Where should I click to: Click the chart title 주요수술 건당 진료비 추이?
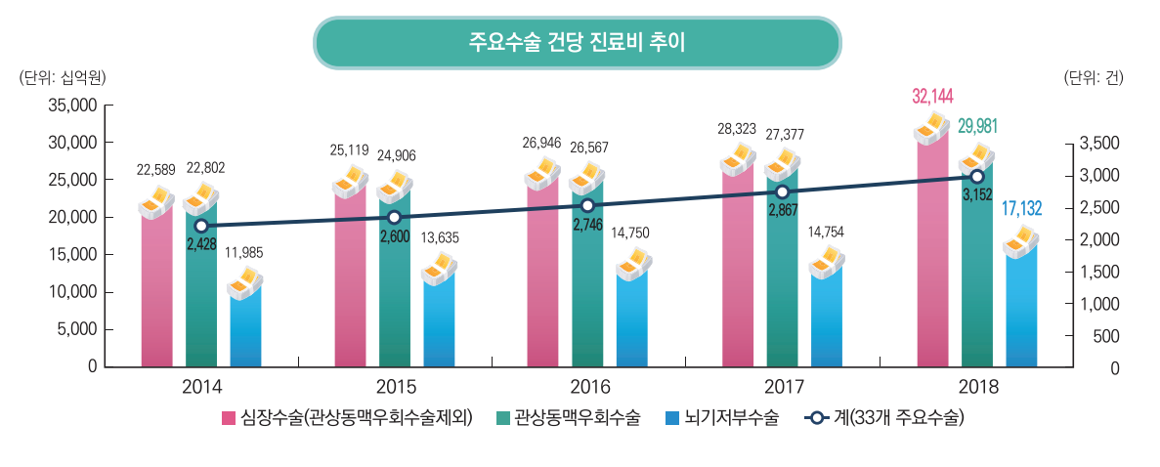577,43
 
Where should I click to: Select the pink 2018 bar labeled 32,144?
932,254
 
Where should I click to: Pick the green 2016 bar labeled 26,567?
587,283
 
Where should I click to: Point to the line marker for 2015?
394,217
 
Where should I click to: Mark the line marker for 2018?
976,176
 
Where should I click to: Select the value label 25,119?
349,150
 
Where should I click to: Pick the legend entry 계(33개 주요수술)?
884,418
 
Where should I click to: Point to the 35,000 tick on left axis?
71,106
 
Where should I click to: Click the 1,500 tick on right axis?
1099,272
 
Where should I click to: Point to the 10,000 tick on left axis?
71,292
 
